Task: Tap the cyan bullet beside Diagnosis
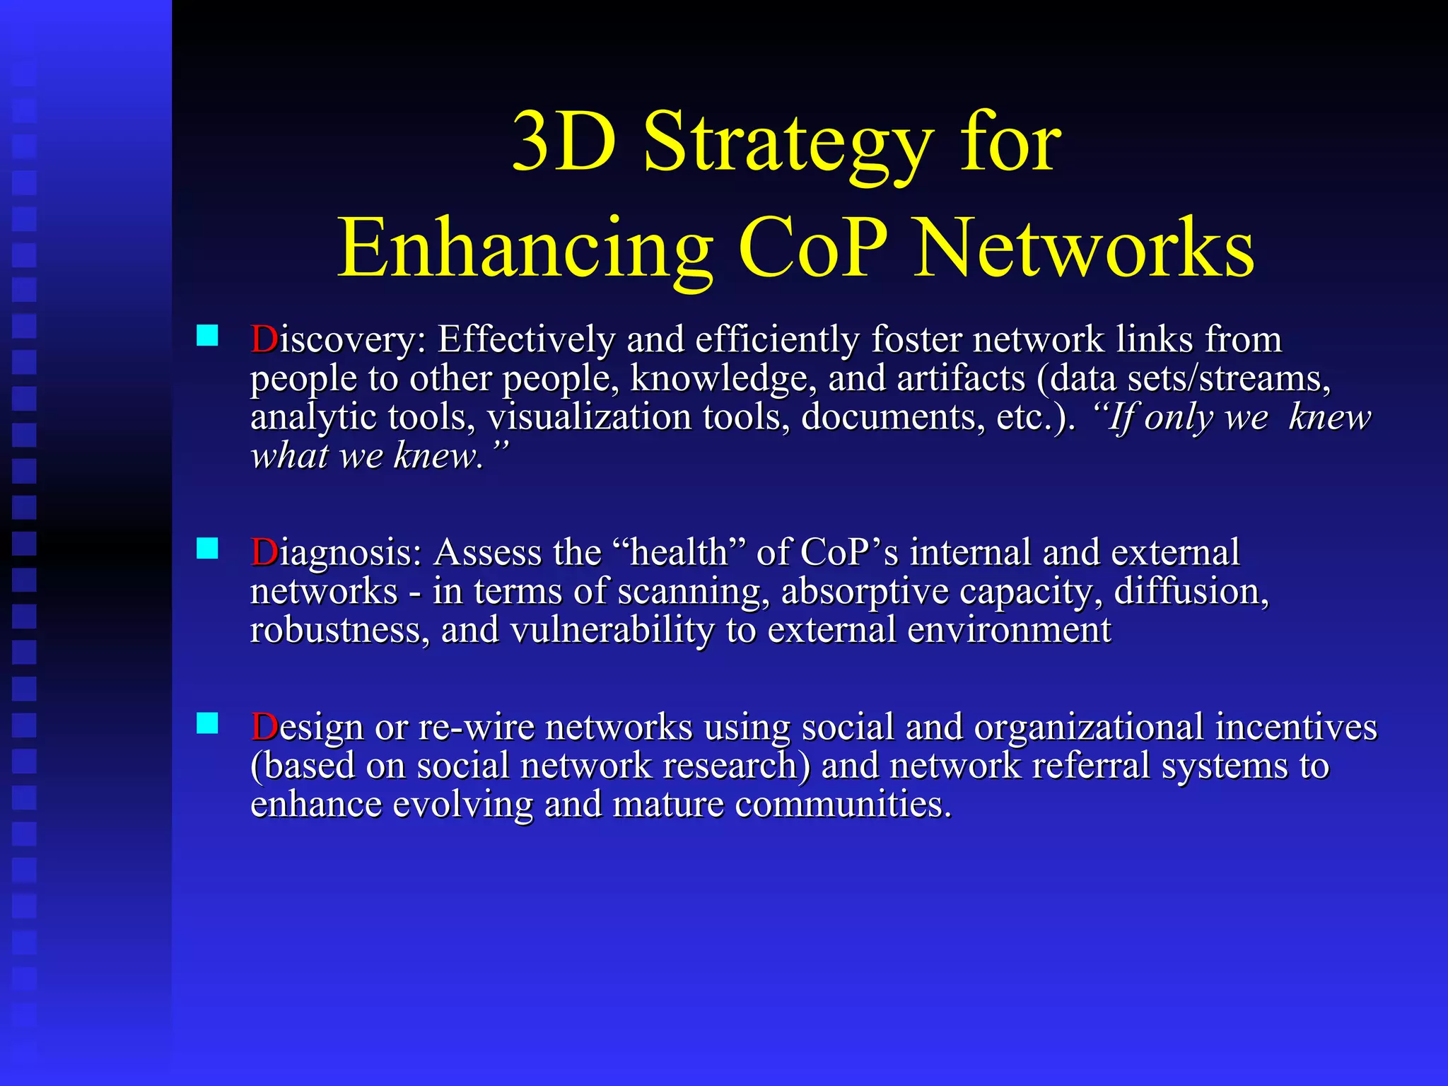tap(207, 548)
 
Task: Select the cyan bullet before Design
tap(207, 723)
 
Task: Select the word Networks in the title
tap(1083, 249)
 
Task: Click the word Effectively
tap(526, 339)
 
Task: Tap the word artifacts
tap(961, 379)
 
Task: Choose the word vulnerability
tap(612, 631)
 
